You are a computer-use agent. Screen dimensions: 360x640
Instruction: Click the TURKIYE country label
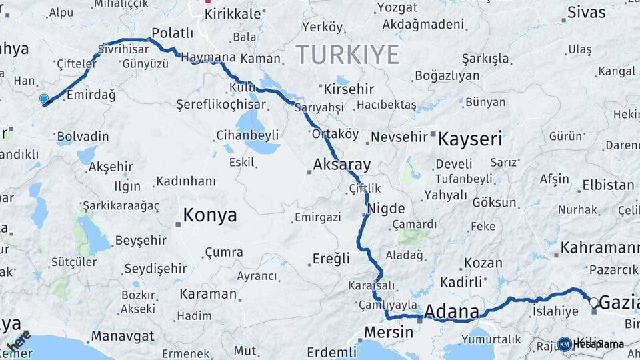347,54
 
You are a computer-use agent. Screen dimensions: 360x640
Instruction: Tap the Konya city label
209,215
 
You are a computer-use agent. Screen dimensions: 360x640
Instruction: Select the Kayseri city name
469,139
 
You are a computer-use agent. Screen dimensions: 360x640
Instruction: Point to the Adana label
451,311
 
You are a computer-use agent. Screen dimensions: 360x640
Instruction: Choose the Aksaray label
341,165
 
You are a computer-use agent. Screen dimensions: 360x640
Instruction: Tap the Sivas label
587,12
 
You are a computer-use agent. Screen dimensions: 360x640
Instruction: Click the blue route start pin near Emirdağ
44,99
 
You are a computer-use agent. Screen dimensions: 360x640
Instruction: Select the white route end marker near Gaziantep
593,302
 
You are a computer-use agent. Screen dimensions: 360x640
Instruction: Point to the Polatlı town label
172,33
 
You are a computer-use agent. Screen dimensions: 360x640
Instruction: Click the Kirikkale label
232,14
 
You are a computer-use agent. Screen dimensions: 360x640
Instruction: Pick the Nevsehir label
398,137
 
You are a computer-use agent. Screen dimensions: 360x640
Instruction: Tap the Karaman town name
208,294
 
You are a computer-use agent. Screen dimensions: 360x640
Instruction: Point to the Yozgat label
397,7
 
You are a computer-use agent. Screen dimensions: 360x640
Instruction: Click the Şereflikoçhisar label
221,105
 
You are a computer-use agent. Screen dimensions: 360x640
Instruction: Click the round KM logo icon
565,344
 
